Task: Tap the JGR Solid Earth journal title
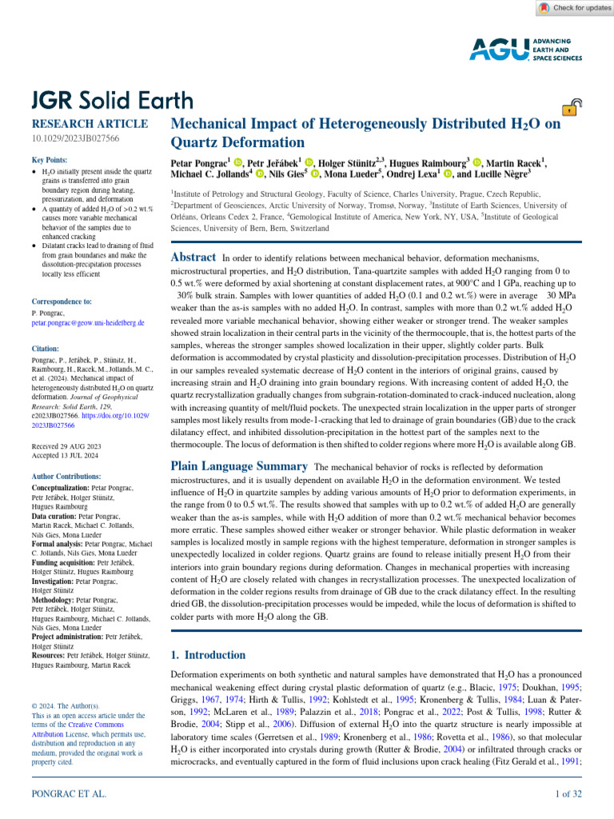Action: point(112,100)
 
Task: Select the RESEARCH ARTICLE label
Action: point(89,124)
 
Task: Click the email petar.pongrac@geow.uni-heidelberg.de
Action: point(88,322)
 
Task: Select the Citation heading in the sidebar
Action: point(47,349)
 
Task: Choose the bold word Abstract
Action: point(193,258)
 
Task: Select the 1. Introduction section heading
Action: point(209,654)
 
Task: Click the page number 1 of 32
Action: point(568,793)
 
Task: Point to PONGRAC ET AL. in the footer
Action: point(68,793)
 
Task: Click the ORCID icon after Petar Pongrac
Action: point(238,162)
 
